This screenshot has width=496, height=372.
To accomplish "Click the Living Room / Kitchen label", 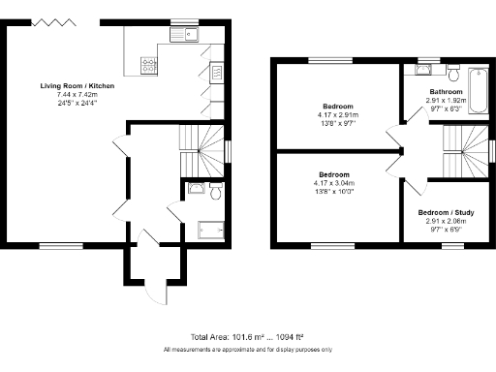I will (77, 86).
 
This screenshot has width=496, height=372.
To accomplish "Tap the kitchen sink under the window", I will (182, 37).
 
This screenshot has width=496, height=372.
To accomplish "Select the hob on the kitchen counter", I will (149, 65).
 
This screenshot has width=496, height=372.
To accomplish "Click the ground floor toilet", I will (215, 189).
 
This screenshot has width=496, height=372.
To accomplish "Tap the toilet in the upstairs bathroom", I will (452, 73).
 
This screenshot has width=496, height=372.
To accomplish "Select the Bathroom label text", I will (447, 91).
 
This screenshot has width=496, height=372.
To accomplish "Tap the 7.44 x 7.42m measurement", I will (77, 95).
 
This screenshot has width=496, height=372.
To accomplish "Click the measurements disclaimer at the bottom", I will (247, 349).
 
